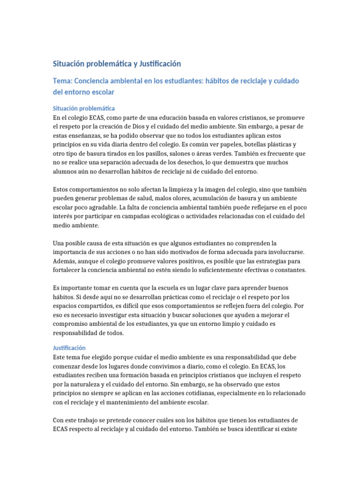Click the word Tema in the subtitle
click(x=62, y=81)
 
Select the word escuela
click(x=162, y=288)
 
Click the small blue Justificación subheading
click(x=69, y=348)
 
